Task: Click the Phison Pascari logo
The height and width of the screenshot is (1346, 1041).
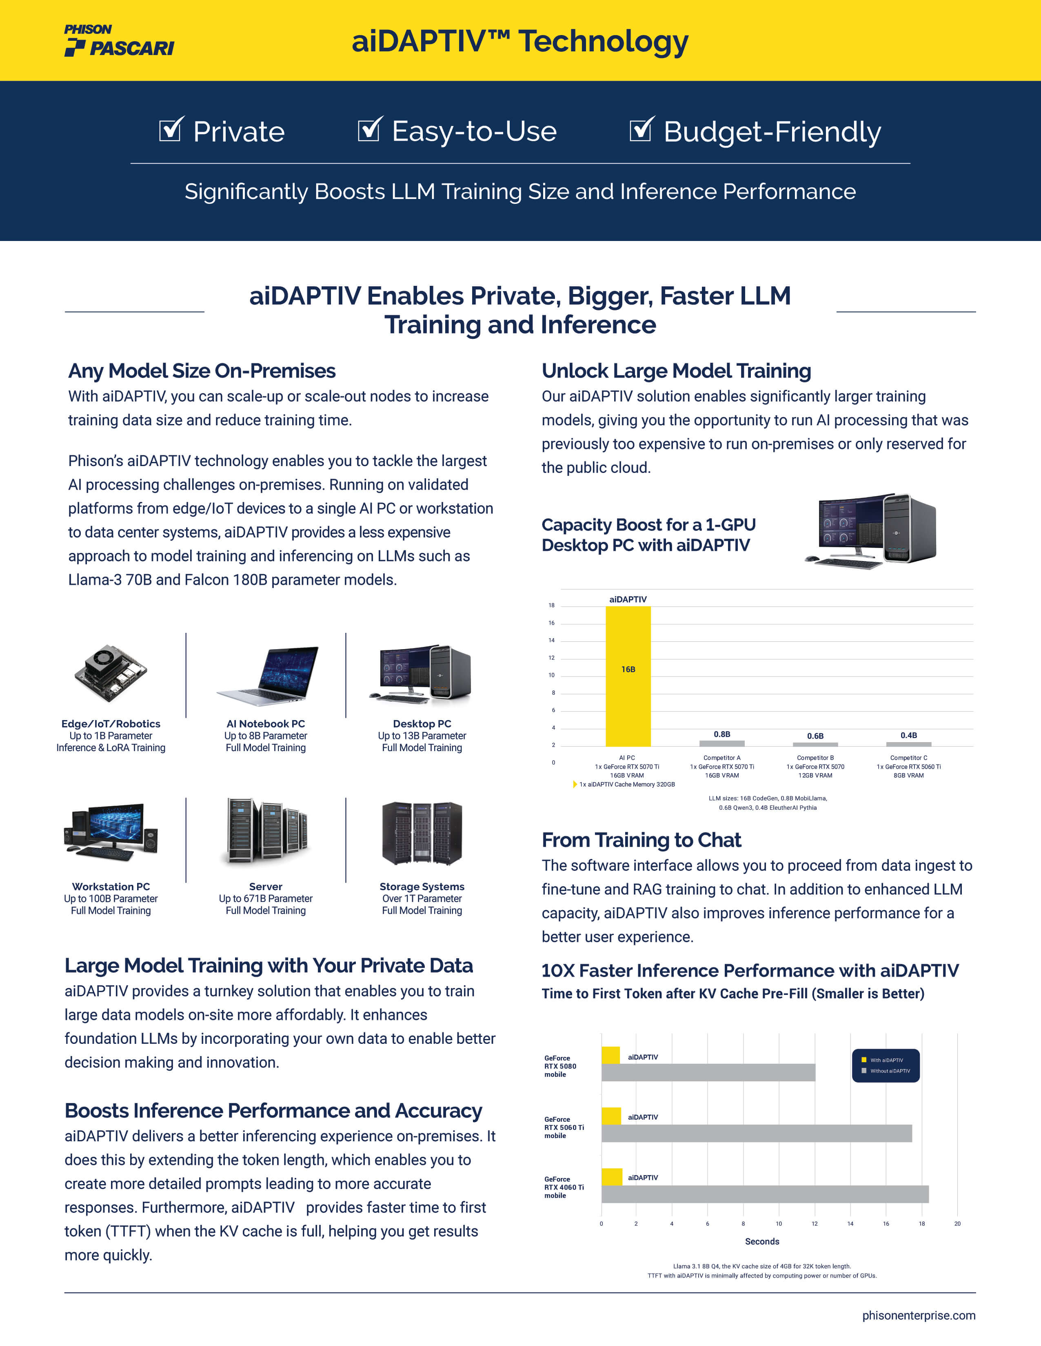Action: pos(119,41)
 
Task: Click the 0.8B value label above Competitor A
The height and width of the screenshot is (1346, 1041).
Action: pos(721,734)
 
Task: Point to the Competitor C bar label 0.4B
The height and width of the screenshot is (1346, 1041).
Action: pos(908,735)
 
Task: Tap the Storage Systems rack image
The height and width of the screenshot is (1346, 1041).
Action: pos(422,833)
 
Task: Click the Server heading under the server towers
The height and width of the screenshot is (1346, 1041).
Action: pos(266,886)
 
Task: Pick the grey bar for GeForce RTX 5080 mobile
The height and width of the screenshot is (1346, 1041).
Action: pos(708,1072)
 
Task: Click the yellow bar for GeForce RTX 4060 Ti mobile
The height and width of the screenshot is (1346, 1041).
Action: pos(612,1176)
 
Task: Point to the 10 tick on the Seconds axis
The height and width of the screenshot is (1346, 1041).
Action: pos(779,1223)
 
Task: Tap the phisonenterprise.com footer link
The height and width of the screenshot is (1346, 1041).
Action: pos(918,1315)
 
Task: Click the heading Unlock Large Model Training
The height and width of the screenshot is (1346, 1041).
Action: pos(676,371)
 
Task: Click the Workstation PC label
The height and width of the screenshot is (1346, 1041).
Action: pos(111,886)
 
